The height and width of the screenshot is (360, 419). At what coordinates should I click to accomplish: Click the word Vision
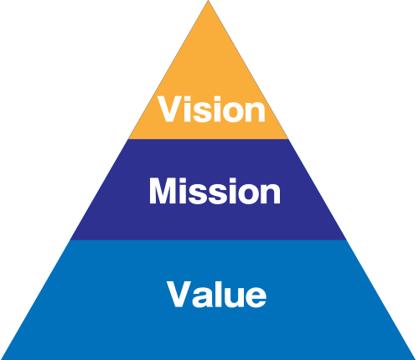point(211,109)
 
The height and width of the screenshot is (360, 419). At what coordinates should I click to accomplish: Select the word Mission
point(215,191)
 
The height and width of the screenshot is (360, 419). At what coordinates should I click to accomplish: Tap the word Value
point(217,294)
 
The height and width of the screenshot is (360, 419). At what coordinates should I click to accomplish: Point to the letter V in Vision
point(170,109)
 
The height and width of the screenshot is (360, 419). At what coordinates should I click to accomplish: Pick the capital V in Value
point(179,294)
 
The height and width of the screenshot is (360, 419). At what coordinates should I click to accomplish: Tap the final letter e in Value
point(256,297)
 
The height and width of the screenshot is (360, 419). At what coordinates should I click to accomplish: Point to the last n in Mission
point(270,194)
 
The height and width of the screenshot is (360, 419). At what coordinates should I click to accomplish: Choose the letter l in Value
point(216,294)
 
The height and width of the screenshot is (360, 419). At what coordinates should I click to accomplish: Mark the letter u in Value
point(232,298)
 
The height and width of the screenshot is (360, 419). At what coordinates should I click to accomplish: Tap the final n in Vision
point(256,112)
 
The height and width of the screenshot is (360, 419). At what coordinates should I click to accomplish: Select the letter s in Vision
point(204,112)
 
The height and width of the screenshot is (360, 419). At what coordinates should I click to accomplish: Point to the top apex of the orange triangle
point(208,1)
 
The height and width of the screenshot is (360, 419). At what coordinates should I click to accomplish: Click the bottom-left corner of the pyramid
point(1,359)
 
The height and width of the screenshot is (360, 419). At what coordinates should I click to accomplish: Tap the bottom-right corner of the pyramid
point(416,359)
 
